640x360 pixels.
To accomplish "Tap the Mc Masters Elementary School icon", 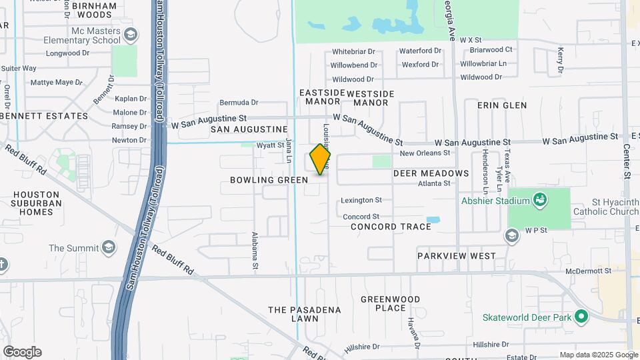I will [130, 34].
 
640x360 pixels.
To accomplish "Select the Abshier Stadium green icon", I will [540, 200].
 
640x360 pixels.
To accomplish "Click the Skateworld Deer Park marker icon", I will [582, 317].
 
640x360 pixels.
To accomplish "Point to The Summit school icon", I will [107, 249].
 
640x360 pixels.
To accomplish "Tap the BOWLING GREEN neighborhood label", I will [269, 180].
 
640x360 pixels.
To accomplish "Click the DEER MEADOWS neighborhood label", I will [431, 173].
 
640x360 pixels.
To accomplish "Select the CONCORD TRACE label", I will [391, 227].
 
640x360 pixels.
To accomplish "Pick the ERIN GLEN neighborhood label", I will [502, 105].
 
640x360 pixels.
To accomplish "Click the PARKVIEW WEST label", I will [457, 256].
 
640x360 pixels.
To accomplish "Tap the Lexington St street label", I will [361, 200].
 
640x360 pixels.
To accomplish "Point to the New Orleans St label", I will [425, 153].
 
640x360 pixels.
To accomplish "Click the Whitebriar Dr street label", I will [355, 51].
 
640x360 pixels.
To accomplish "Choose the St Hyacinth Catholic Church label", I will [605, 207].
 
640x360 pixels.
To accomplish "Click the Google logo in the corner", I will [22, 352].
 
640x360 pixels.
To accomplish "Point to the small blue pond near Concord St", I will [433, 219].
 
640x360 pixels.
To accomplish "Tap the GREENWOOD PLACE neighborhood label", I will [391, 303].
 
